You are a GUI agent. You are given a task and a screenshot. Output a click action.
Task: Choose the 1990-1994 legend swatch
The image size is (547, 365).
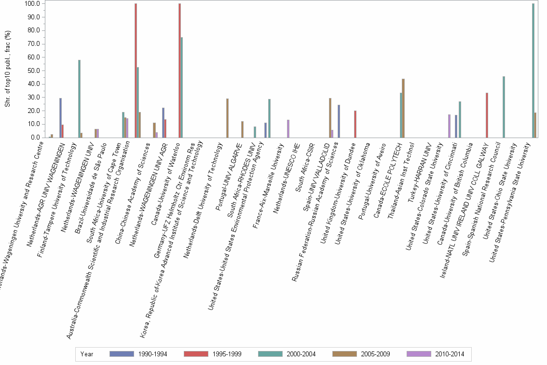pyautogui.click(x=123, y=354)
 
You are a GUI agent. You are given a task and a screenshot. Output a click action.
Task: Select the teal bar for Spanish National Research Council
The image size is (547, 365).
pyautogui.click(x=504, y=107)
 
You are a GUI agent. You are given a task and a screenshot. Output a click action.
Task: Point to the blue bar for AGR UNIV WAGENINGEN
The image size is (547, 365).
pyautogui.click(x=60, y=118)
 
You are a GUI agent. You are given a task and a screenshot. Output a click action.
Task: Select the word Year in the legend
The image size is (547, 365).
pyautogui.click(x=87, y=354)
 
